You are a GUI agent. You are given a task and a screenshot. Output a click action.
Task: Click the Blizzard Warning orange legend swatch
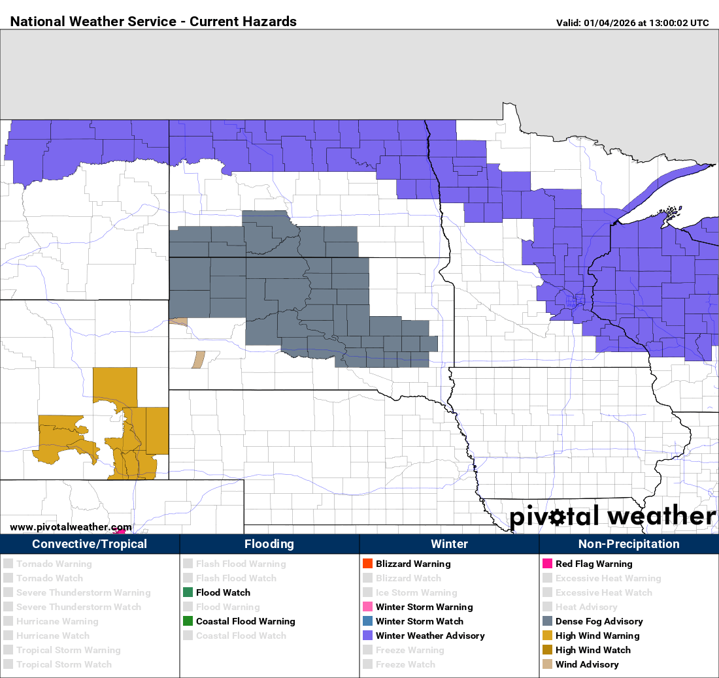coord(367,564)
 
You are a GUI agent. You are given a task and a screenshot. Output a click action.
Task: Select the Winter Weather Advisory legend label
coord(430,636)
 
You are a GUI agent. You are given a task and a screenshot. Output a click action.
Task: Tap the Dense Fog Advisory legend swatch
coord(547,621)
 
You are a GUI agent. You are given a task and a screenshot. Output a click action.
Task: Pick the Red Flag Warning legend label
coord(594,564)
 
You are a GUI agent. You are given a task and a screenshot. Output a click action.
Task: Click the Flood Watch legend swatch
coord(188,592)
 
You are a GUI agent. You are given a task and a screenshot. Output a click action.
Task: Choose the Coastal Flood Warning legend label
coord(245,621)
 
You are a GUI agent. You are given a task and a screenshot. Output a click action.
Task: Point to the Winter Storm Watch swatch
coord(367,621)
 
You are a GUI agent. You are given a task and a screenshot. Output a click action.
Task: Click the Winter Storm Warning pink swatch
coord(367,607)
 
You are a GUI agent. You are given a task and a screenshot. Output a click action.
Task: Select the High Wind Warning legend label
coord(597,636)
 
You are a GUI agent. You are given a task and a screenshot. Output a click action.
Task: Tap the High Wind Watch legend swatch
coord(547,650)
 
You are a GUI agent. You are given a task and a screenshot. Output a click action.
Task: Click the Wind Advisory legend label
coord(587,664)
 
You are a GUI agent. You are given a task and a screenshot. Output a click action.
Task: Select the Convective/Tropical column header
coord(90,544)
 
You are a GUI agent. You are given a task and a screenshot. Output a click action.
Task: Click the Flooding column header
coord(269,544)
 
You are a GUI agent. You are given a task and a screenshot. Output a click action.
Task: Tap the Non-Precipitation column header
coord(629,544)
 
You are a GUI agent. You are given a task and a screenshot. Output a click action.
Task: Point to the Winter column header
coord(449,544)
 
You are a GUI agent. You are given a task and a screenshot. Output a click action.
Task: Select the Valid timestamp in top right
coord(632,23)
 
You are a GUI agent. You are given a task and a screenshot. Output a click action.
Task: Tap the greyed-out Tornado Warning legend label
coord(54,564)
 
